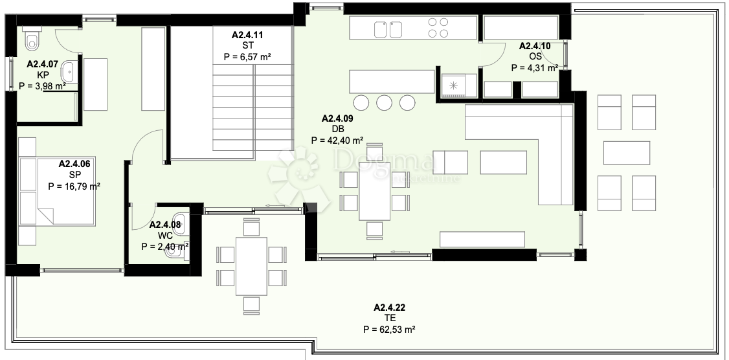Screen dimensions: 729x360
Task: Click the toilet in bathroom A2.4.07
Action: [32, 39]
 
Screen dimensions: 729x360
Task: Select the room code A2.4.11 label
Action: [247, 34]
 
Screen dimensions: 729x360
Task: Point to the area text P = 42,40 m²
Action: [337, 140]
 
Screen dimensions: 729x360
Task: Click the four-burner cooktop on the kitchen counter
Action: [438, 27]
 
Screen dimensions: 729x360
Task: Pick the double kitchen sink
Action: [388, 29]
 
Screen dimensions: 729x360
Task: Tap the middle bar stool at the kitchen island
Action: [385, 102]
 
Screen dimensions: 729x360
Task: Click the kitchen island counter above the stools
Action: [392, 82]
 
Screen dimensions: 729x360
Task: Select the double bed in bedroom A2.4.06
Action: [57, 191]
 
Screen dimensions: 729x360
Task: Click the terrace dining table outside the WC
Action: [251, 266]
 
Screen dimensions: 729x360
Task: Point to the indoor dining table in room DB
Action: [374, 191]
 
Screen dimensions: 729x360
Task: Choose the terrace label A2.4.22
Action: [389, 308]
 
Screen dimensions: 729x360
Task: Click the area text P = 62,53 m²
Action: [389, 330]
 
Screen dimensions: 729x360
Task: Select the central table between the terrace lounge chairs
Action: [627, 153]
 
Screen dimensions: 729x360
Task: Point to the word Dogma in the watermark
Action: [384, 161]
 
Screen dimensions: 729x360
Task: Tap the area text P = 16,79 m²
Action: [74, 186]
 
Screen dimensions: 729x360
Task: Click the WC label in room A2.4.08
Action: [165, 236]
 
